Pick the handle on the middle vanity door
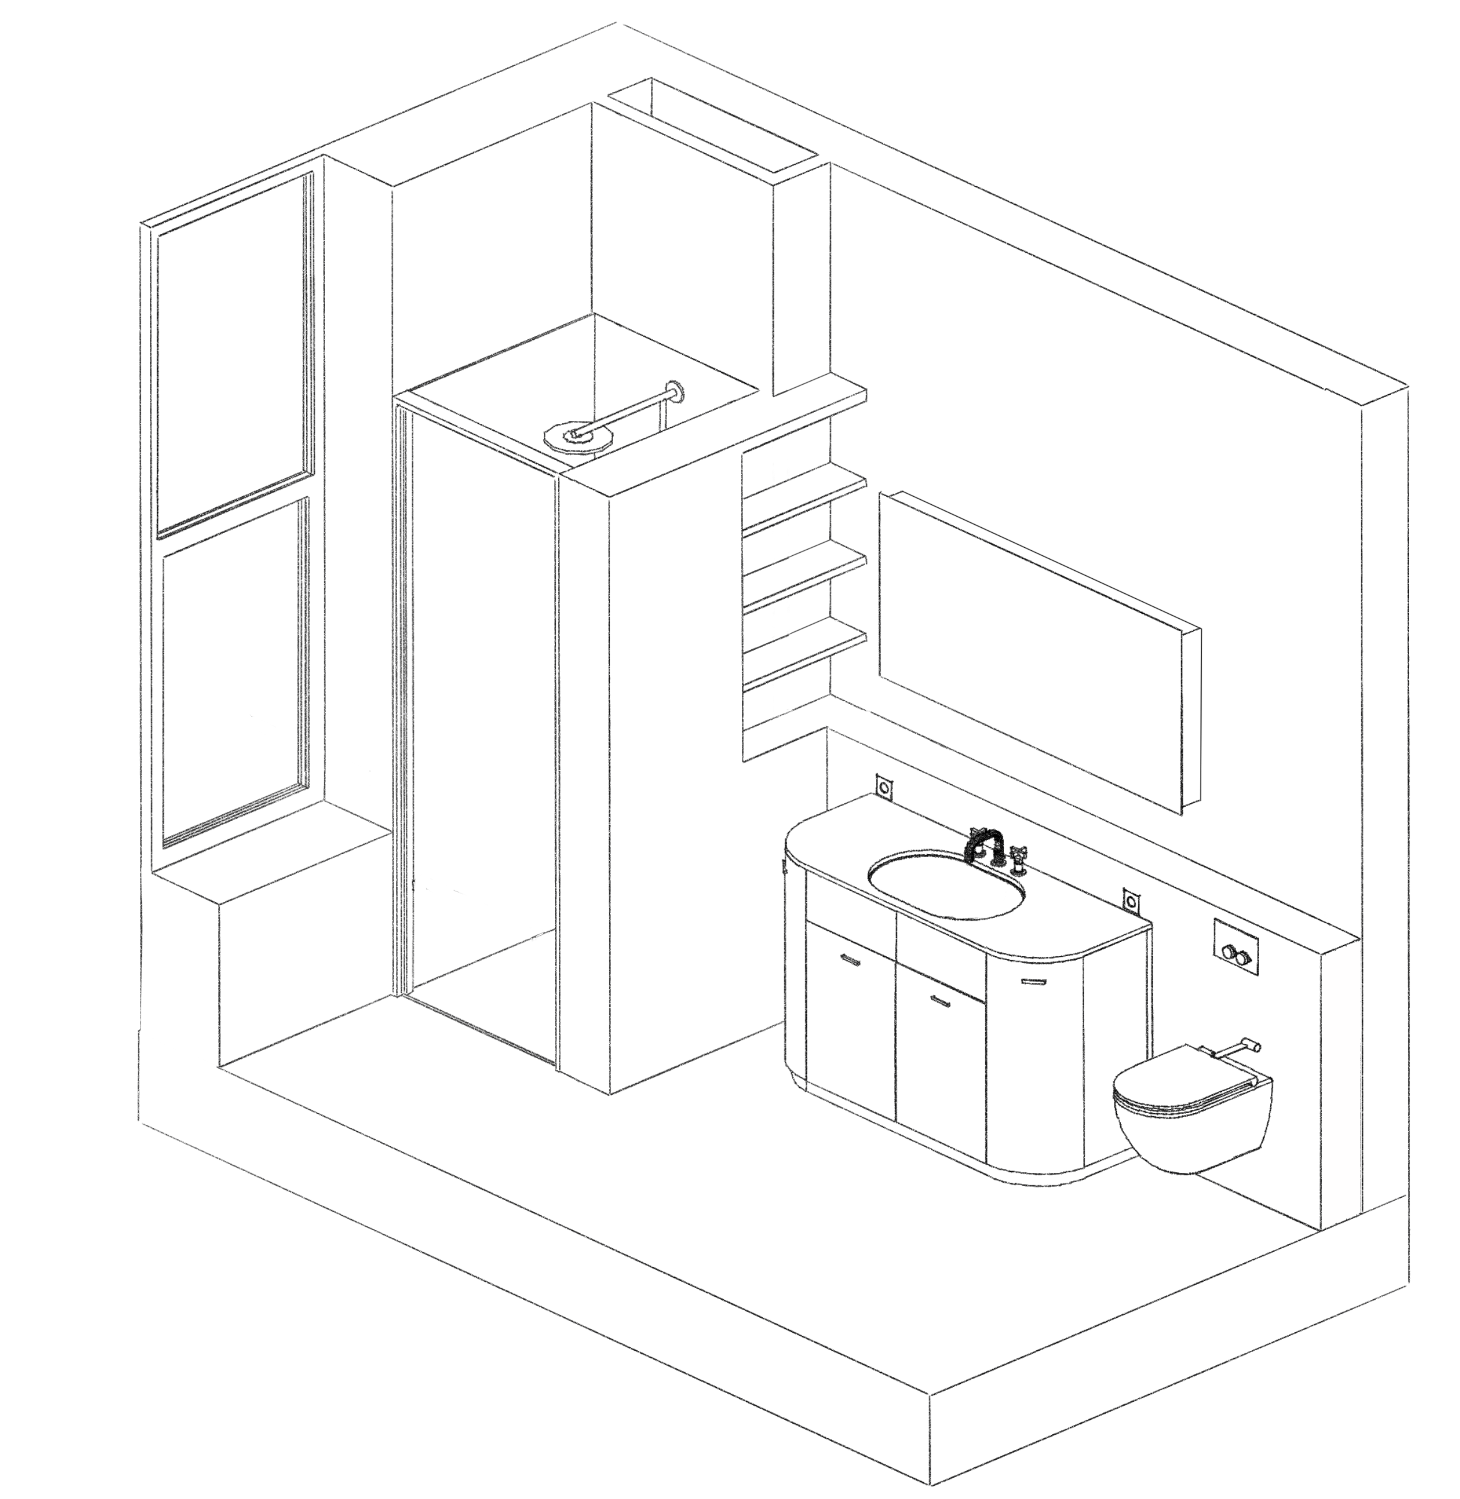coord(941,1000)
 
